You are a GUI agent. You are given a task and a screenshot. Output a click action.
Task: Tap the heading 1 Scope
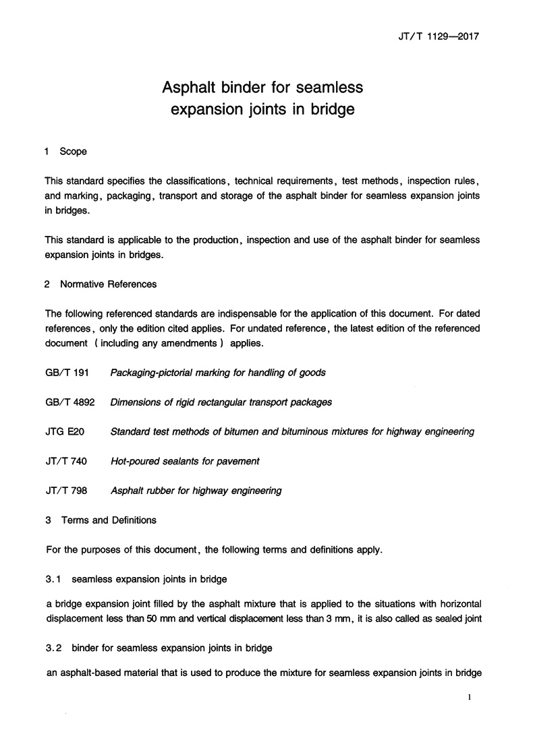point(65,152)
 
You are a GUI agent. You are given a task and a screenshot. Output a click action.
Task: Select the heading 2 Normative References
point(101,284)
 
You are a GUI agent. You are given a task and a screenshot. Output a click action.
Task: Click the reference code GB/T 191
point(67,372)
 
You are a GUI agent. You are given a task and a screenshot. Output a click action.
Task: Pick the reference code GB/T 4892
point(69,402)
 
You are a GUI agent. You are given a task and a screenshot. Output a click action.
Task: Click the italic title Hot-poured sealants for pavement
point(185,461)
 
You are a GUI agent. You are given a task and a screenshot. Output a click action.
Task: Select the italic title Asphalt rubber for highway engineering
point(196,491)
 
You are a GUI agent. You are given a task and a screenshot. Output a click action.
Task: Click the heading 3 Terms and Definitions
point(101,520)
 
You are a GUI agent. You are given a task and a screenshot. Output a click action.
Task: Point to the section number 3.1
point(53,578)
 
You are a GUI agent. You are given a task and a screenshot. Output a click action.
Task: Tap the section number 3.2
point(53,648)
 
